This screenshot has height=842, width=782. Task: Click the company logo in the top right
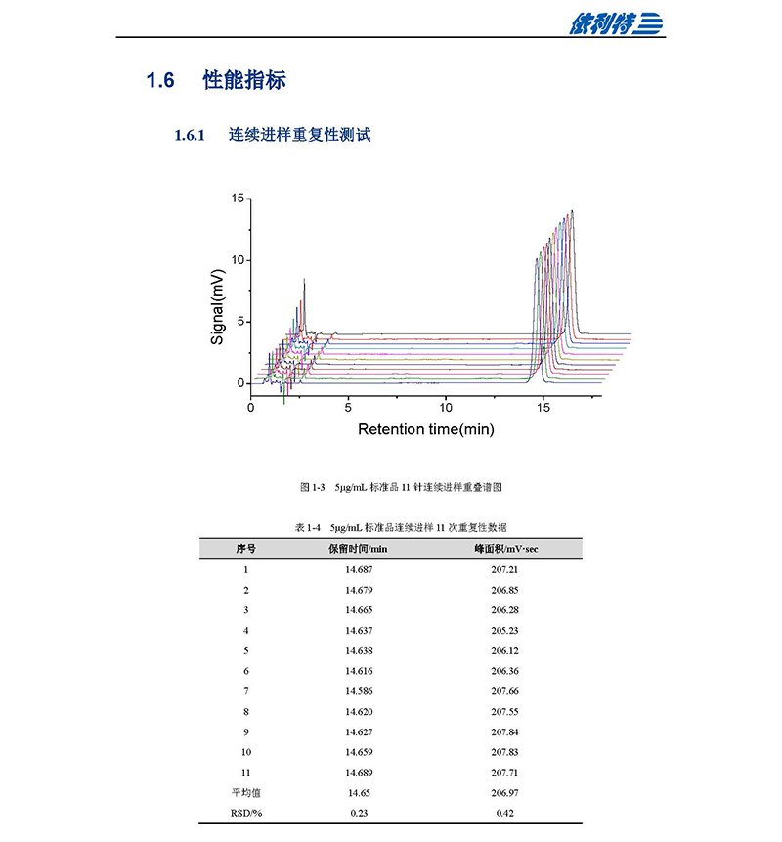tap(617, 22)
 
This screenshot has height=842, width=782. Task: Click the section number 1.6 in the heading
tap(160, 81)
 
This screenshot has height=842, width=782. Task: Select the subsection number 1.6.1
tap(189, 136)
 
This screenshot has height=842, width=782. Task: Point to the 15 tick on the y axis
tap(237, 199)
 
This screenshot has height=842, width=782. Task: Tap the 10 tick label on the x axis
tap(446, 406)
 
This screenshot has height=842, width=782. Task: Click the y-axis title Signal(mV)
tap(218, 306)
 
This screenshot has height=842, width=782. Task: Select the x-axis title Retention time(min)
tap(426, 429)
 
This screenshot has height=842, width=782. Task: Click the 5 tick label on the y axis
tap(239, 322)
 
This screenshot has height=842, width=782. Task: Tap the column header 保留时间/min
tap(358, 549)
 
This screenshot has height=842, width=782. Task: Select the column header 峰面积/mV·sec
tap(505, 549)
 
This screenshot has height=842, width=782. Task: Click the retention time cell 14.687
tap(359, 569)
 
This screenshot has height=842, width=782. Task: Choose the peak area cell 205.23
tap(504, 630)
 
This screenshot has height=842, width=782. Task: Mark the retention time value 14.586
tap(359, 691)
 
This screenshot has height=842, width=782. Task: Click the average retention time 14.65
tap(359, 793)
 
